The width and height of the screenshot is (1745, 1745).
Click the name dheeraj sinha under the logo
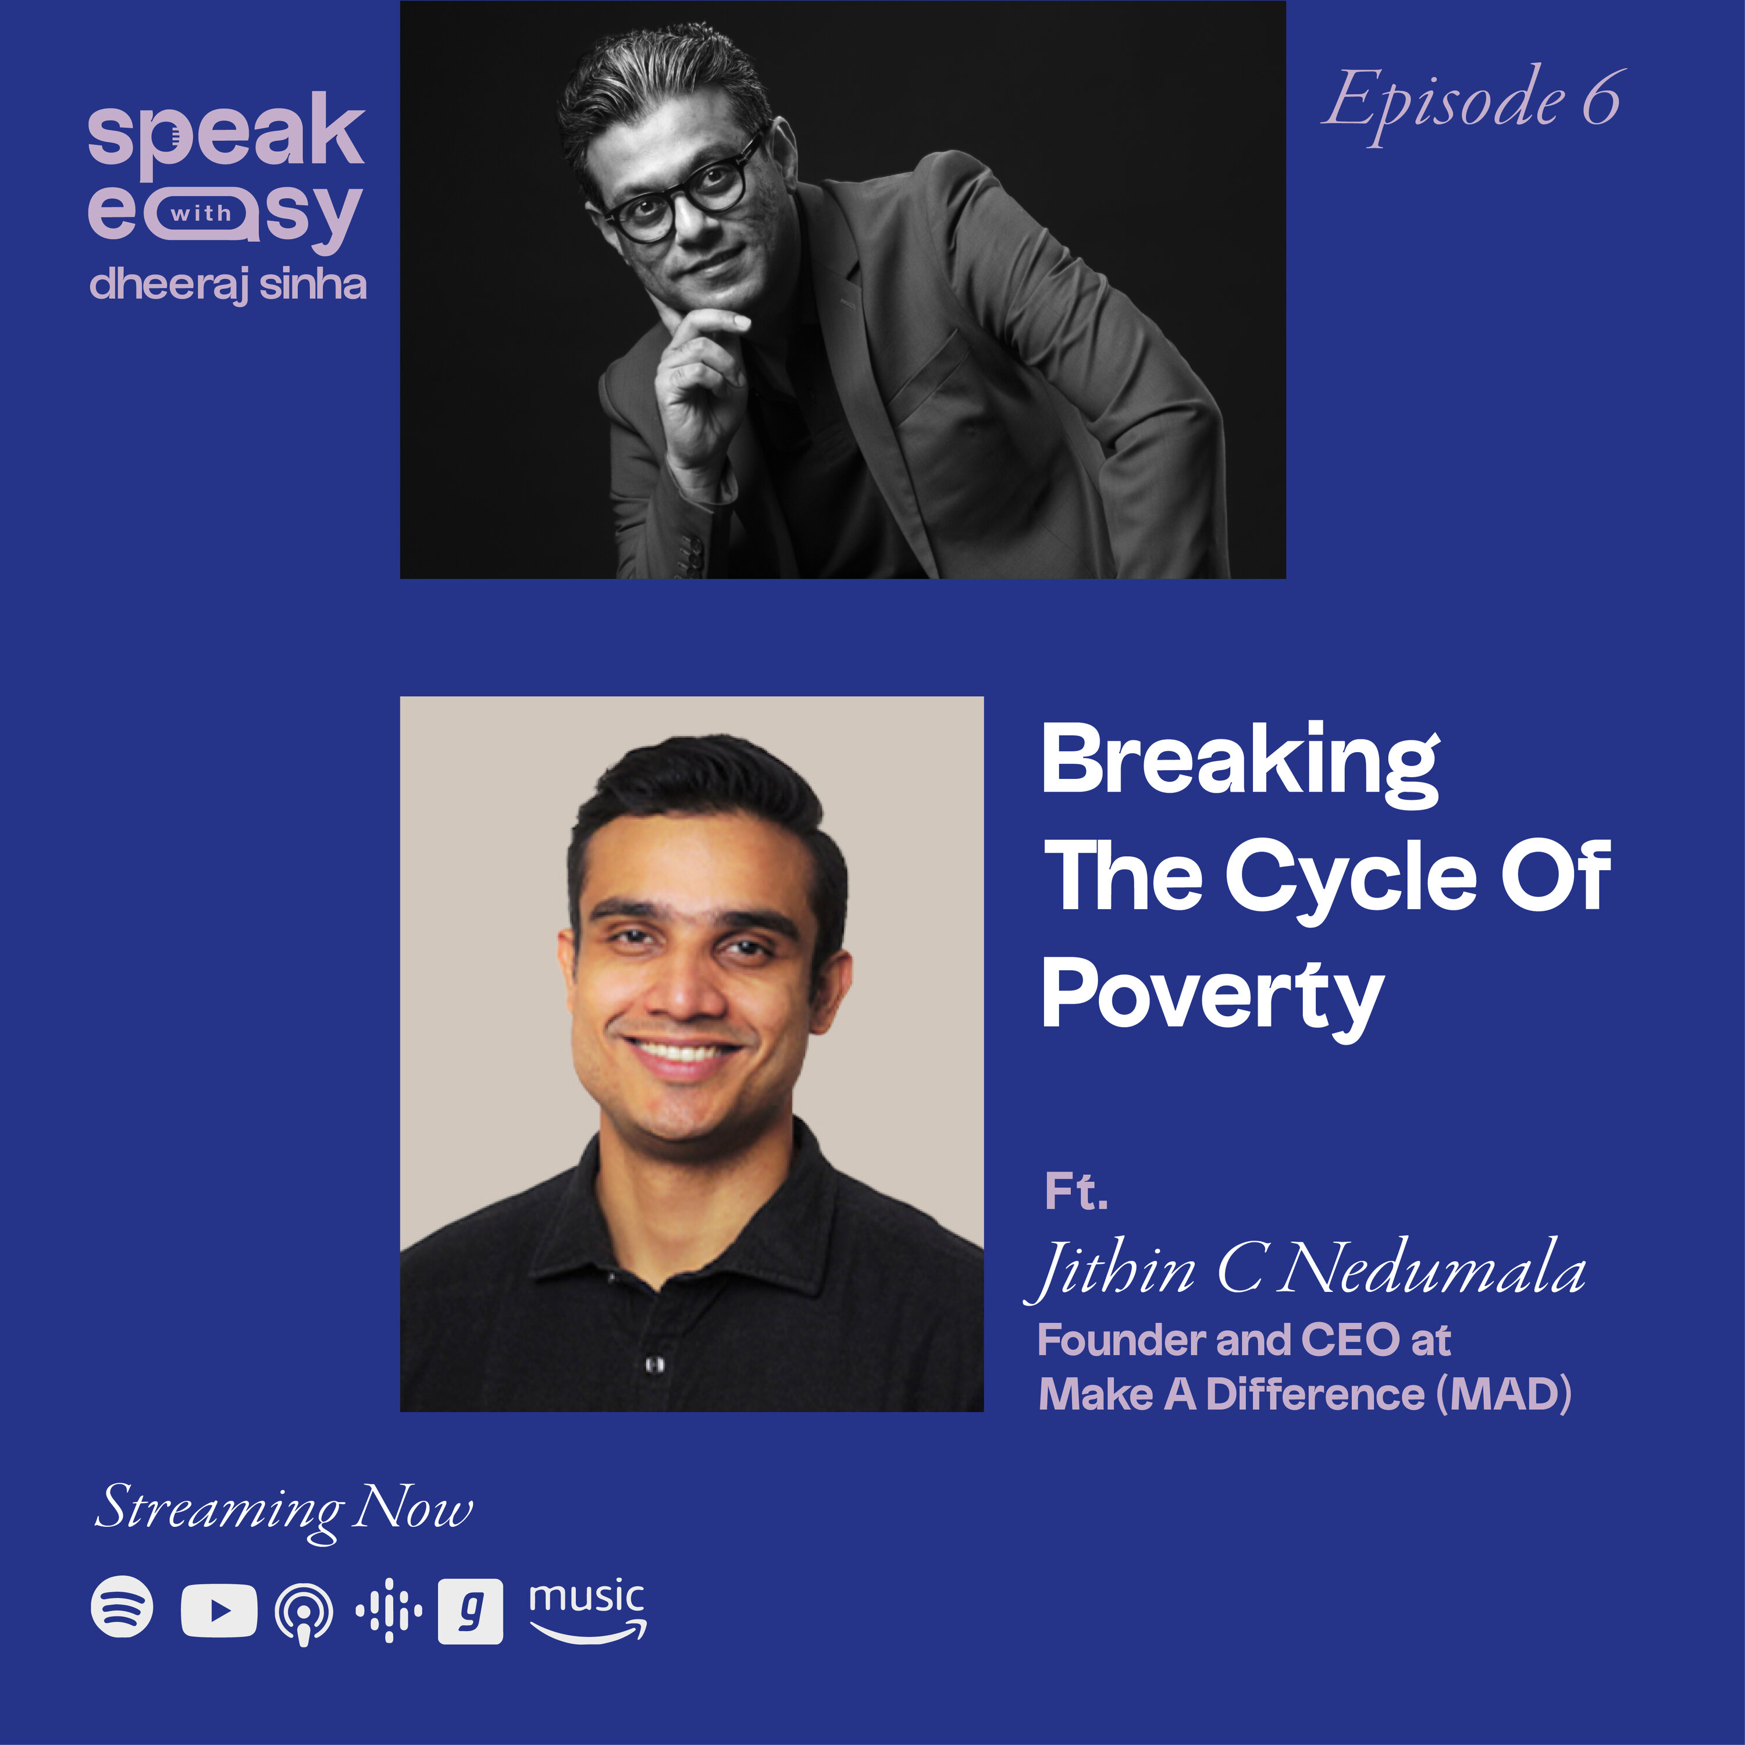227,284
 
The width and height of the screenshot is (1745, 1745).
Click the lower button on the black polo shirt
656,1364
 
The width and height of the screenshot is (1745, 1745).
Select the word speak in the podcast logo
226,134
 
